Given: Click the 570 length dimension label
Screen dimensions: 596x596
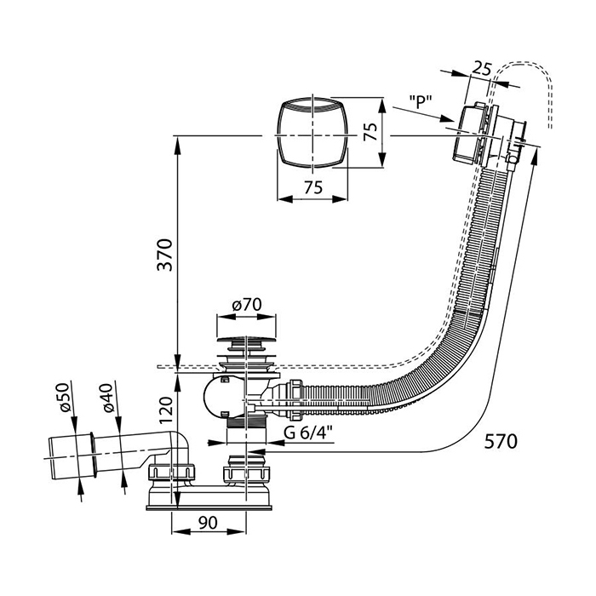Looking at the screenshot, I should coord(500,440).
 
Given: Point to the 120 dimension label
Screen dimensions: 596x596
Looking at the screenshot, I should coord(166,412).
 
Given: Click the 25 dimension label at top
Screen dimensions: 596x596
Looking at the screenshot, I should coord(483,69).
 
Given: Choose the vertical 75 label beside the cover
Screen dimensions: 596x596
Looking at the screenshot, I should coord(370,134).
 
